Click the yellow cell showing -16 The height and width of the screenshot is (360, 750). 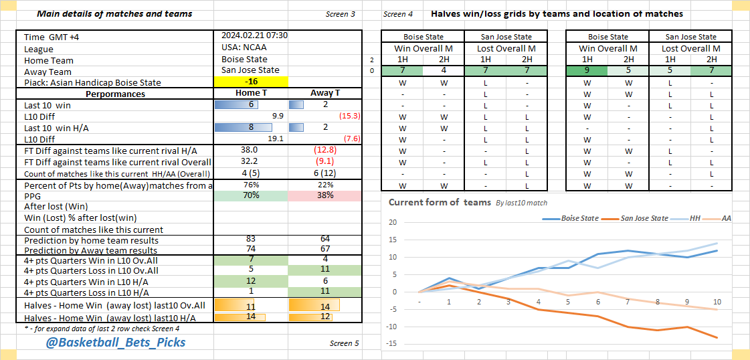251,82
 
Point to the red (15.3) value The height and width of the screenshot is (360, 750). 349,116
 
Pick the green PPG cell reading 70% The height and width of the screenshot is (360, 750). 250,196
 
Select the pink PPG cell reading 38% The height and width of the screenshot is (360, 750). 324,196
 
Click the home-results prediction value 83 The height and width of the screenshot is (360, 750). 250,240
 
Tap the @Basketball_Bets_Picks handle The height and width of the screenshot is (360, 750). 116,343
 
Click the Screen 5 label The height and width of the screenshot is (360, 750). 345,343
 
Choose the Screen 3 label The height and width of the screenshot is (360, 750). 341,14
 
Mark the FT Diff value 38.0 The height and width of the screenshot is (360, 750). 250,150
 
